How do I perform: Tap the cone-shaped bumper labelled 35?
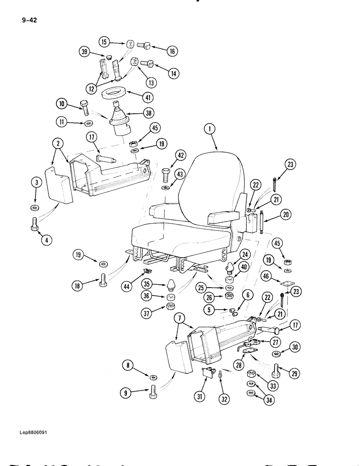point(171,284)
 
